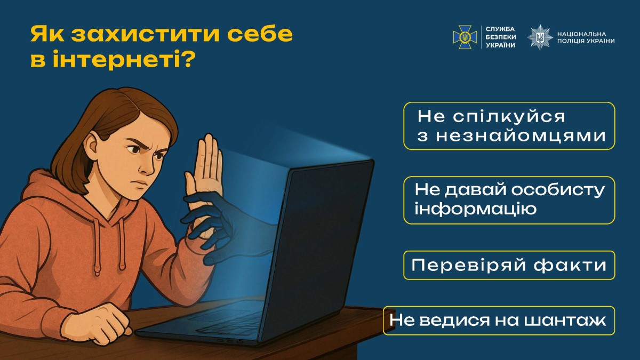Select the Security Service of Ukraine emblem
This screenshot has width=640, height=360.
[x=465, y=37]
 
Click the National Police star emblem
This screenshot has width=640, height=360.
[x=540, y=37]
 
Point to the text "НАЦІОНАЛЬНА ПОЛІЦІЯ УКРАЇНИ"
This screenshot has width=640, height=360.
[x=585, y=37]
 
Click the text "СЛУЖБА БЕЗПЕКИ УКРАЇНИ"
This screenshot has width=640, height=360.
[x=501, y=37]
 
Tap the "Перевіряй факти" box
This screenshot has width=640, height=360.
[x=509, y=265]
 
